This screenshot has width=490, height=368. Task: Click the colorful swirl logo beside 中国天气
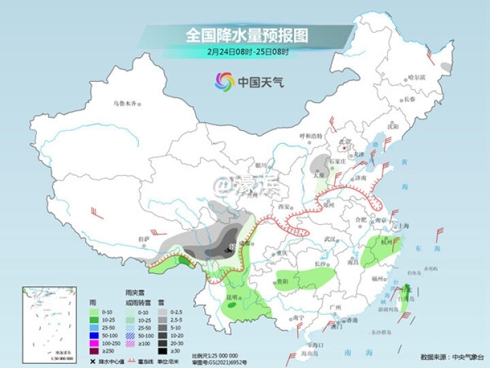[x=225, y=82]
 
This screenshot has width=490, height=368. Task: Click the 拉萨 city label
[x=144, y=239]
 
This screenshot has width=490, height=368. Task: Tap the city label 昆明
[x=233, y=298]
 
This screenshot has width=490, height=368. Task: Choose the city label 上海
[x=404, y=226]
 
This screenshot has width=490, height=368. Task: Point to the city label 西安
[x=284, y=206]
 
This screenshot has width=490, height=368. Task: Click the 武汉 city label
[x=331, y=239]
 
